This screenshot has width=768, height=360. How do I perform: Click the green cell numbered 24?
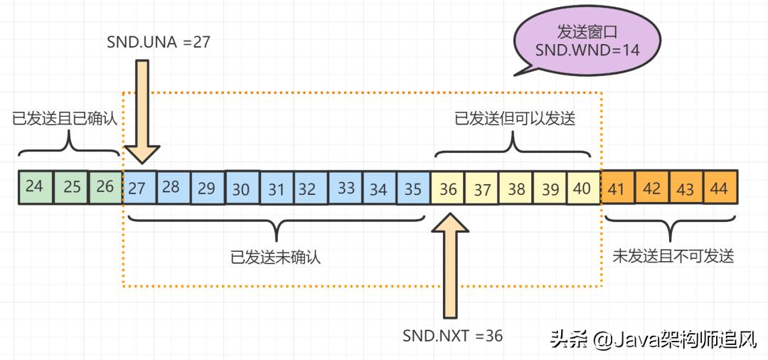coord(34,187)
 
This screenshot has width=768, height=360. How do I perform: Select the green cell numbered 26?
coord(105,187)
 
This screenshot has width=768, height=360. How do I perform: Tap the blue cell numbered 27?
coord(138,188)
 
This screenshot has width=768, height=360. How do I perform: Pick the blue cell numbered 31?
coord(277,189)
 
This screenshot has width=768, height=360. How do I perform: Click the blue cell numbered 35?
coord(413,189)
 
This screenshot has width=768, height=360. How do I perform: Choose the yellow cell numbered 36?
coord(448,189)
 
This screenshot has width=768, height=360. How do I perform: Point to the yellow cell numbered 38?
coord(516,189)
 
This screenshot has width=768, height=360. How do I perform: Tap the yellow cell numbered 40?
coord(582,189)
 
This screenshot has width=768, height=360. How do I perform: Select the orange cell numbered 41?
coord(617,189)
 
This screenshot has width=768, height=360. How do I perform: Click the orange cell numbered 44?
coord(719,189)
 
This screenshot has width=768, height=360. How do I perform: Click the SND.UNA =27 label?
coord(157,43)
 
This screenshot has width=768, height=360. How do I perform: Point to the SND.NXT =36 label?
coord(452,335)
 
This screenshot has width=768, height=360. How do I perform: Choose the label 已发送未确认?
coord(276,257)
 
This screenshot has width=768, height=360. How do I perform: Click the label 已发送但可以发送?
coord(515,119)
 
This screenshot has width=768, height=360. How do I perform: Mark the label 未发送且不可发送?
coord(673,257)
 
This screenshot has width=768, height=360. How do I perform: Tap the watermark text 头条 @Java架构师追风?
coord(653,339)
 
